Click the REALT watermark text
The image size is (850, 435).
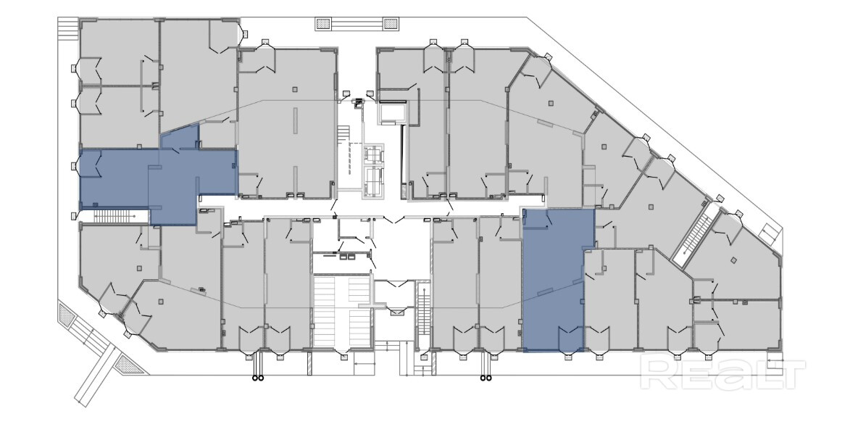(722, 372)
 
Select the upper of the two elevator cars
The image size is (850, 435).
(374, 154)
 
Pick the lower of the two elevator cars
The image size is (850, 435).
(374, 179)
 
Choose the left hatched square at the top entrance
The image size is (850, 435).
(324, 23)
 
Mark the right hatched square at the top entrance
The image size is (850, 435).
(391, 23)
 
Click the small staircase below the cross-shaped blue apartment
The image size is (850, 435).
(114, 217)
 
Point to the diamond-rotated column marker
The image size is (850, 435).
(733, 260)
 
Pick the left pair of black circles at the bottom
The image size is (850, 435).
(257, 378)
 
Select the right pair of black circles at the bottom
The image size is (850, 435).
(486, 378)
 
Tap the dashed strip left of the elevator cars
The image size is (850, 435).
(351, 158)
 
